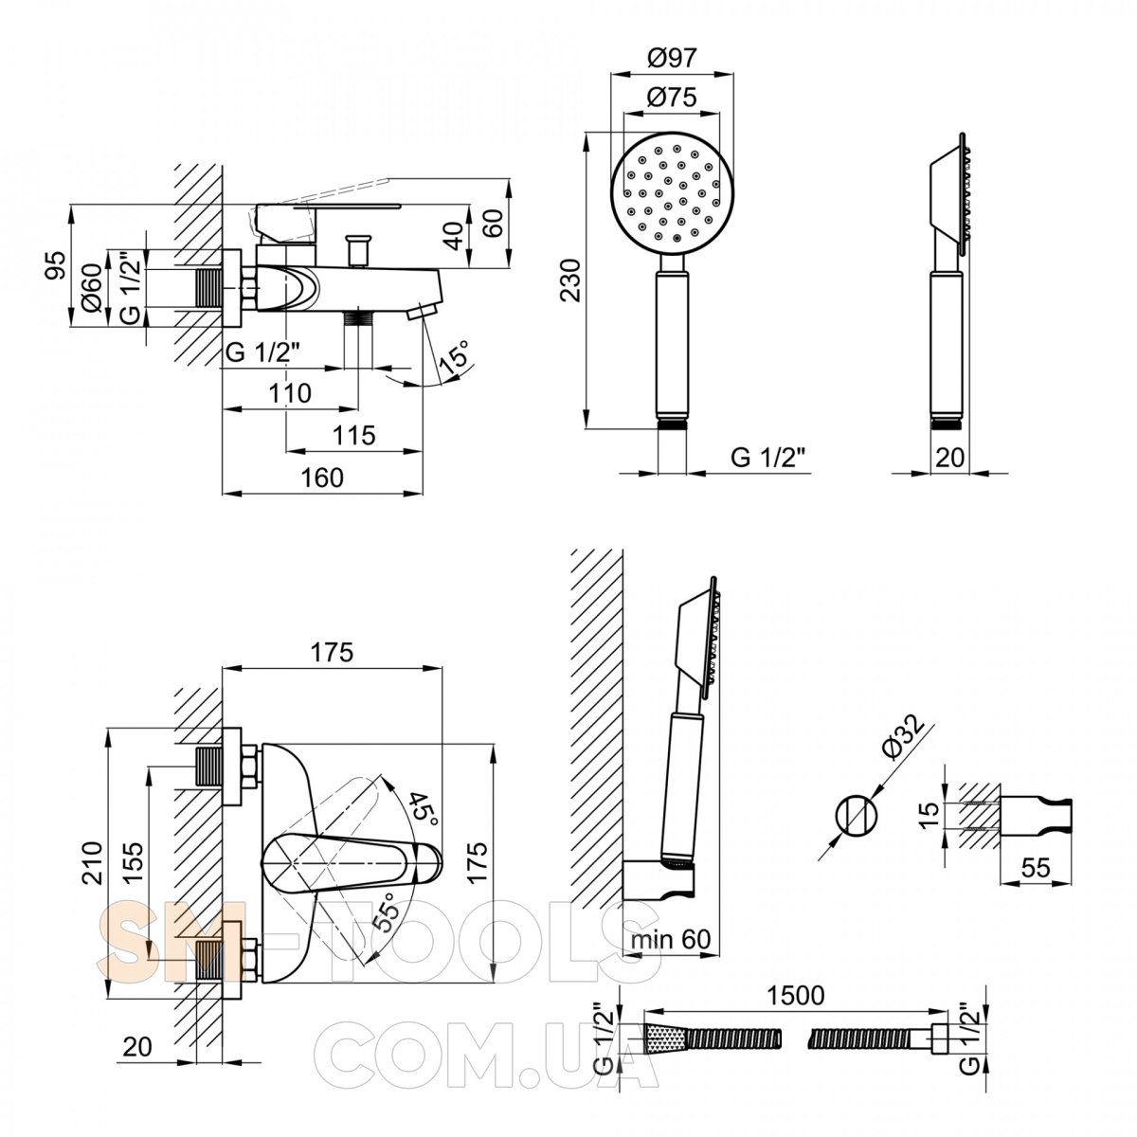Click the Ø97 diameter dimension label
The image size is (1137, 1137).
[x=672, y=59]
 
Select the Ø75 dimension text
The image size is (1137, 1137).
[x=672, y=97]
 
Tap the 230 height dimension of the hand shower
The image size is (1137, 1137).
[x=570, y=280]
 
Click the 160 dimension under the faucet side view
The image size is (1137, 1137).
[x=322, y=478]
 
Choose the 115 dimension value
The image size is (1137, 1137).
[x=354, y=436]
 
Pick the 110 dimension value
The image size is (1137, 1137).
[x=290, y=393]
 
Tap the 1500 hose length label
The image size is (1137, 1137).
[x=795, y=996]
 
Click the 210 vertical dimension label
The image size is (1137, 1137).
[x=93, y=862]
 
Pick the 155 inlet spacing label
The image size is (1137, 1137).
[x=134, y=861]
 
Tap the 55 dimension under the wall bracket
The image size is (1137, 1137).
[x=1036, y=867]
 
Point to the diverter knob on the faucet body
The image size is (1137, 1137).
[x=357, y=251]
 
